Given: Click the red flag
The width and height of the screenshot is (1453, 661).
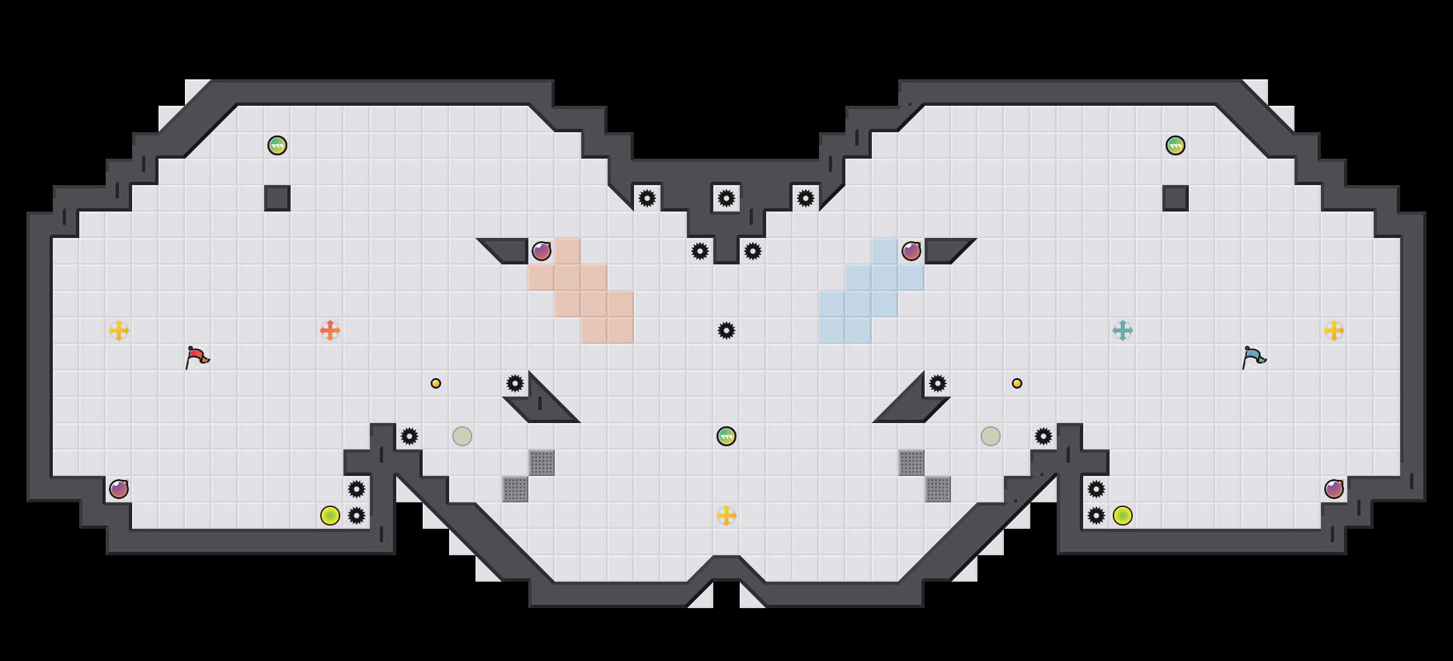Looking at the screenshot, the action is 197,357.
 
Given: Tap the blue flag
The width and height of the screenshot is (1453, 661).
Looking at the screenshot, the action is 1254,357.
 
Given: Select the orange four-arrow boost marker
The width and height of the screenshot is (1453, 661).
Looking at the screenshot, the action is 330,330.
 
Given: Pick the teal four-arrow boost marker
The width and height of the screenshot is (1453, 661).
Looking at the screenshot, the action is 1123,330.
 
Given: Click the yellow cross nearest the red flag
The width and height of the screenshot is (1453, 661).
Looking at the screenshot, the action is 119,330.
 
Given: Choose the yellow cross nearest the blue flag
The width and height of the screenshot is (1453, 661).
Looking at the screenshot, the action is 1334,330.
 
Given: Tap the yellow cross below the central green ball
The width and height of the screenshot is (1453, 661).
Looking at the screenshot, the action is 726,516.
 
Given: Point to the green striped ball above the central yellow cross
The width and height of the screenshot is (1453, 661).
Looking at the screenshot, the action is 726,436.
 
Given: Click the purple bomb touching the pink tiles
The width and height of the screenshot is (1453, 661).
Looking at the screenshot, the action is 542,251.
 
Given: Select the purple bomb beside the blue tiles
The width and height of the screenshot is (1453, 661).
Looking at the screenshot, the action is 911,251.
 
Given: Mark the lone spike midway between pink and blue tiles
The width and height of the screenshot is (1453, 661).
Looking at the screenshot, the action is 726,330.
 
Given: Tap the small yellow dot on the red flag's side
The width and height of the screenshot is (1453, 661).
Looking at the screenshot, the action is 436,383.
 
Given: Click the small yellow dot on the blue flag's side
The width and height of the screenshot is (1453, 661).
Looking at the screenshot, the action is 1017,383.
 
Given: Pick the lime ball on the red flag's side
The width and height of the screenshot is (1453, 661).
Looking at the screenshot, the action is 330,516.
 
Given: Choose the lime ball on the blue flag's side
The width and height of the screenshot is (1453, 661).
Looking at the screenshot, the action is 1123,516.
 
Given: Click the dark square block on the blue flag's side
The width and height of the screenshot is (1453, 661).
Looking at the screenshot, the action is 1176,198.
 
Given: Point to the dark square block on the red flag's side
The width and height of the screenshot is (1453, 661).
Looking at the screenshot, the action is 277,198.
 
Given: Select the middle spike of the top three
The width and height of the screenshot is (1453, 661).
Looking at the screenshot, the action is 726,198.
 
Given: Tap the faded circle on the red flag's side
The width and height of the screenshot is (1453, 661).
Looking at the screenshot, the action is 462,436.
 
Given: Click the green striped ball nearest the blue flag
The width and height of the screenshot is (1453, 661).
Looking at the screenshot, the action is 1176,145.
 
